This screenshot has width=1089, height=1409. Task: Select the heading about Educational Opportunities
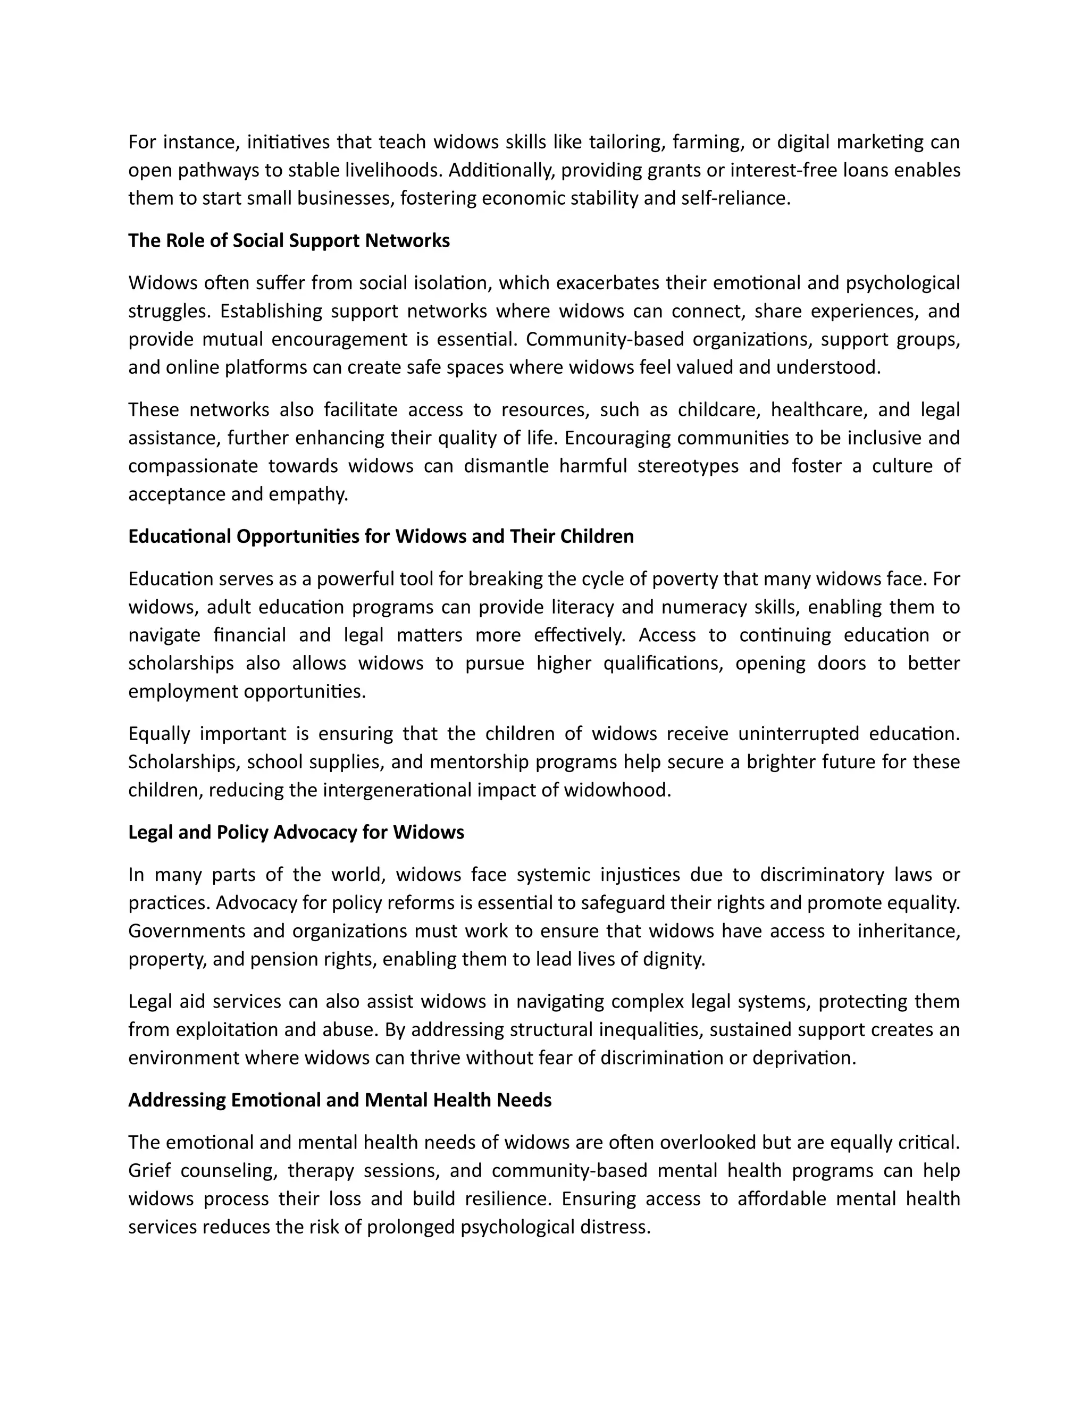[381, 536]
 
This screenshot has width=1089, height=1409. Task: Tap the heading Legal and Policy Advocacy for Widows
[296, 832]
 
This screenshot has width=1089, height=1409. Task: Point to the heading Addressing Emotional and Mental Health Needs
[339, 1100]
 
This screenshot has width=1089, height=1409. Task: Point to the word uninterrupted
[797, 734]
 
